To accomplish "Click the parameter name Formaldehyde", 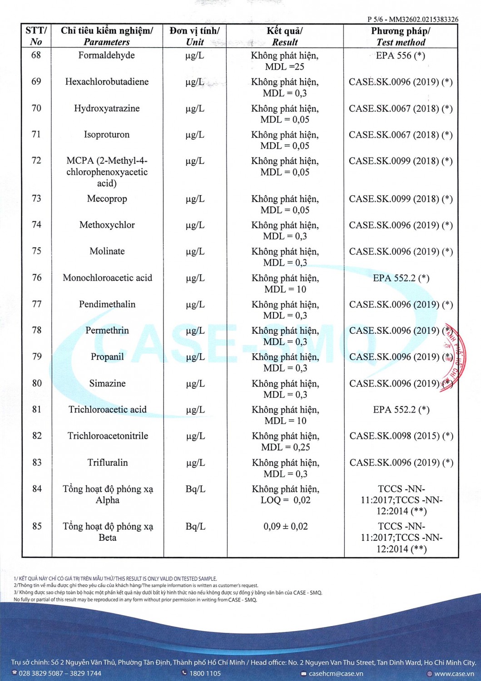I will [106, 55].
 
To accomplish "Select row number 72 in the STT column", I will [36, 161].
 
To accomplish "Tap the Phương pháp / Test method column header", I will [401, 36].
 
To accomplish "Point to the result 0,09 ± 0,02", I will [285, 527].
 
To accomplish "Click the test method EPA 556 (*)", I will [401, 55].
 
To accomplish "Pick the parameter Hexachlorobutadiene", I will [107, 82].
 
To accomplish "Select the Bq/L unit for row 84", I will [195, 489].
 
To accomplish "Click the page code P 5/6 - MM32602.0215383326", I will [412, 20].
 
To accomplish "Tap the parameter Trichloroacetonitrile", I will [108, 436].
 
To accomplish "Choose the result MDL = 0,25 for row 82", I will [285, 447].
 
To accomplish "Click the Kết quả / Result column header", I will [285, 36].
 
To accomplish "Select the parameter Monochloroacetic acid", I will [107, 278].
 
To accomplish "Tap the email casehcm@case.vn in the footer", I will [336, 674].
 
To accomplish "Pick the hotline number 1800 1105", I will [205, 673].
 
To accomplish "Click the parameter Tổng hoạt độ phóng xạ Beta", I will [108, 532].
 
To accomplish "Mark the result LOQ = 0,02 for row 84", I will [285, 500].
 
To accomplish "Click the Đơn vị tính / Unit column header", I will [195, 36].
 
